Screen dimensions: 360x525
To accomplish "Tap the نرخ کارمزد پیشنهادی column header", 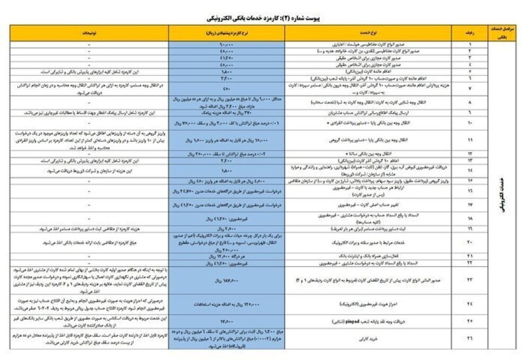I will (x=226, y=33).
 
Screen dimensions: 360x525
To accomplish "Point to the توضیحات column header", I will (x=89, y=33).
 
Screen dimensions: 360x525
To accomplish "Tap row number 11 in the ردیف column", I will (x=470, y=140).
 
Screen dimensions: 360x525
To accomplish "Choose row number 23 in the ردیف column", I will (x=470, y=279).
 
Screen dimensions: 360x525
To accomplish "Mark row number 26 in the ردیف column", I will (x=470, y=338).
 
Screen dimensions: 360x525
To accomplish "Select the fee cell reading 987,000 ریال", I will (x=226, y=279).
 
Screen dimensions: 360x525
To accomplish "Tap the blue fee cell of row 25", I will (x=226, y=321).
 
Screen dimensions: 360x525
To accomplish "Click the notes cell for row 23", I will (x=89, y=279).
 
